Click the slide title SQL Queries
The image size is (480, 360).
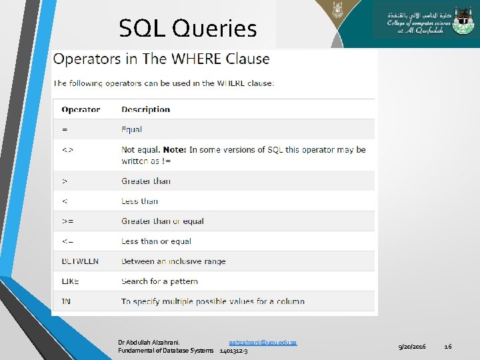187,29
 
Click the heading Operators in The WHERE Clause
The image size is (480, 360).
161,59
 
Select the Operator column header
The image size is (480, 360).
81,109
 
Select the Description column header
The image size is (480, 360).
145,109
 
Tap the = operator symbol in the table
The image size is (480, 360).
65,129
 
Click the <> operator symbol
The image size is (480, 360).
67,150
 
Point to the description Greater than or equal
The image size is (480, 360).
162,221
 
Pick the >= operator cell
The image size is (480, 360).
68,221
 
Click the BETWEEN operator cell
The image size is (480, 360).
80,261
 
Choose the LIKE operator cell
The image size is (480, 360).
70,281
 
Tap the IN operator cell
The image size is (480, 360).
66,301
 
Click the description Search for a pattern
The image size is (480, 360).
159,281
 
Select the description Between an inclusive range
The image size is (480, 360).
173,261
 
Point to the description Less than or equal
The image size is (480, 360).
156,241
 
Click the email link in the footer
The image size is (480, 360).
263,342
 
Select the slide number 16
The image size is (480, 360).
448,347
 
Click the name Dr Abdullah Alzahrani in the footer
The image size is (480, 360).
149,342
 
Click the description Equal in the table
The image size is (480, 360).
131,129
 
